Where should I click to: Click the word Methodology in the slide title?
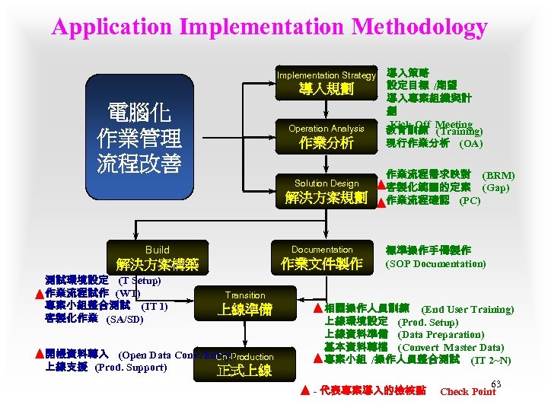pyautogui.click(x=407, y=29)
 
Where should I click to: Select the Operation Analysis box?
pyautogui.click(x=326, y=135)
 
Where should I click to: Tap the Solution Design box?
pyautogui.click(x=326, y=190)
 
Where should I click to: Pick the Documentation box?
pyautogui.click(x=322, y=257)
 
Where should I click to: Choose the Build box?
pyautogui.click(x=158, y=257)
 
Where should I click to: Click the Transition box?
pyautogui.click(x=245, y=302)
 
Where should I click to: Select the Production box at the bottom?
pyautogui.click(x=244, y=364)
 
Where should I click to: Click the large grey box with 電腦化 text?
pyautogui.click(x=140, y=139)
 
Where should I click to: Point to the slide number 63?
pyautogui.click(x=496, y=384)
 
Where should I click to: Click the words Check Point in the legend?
pyautogui.click(x=468, y=392)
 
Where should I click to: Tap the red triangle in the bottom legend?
pyautogui.click(x=304, y=392)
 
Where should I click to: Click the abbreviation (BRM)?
pyautogui.click(x=499, y=174)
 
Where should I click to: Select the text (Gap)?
pyautogui.click(x=495, y=187)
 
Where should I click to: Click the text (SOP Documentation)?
pyautogui.click(x=435, y=264)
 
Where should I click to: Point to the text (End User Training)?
pyautogui.click(x=467, y=309)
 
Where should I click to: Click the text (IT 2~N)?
pyautogui.click(x=491, y=360)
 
